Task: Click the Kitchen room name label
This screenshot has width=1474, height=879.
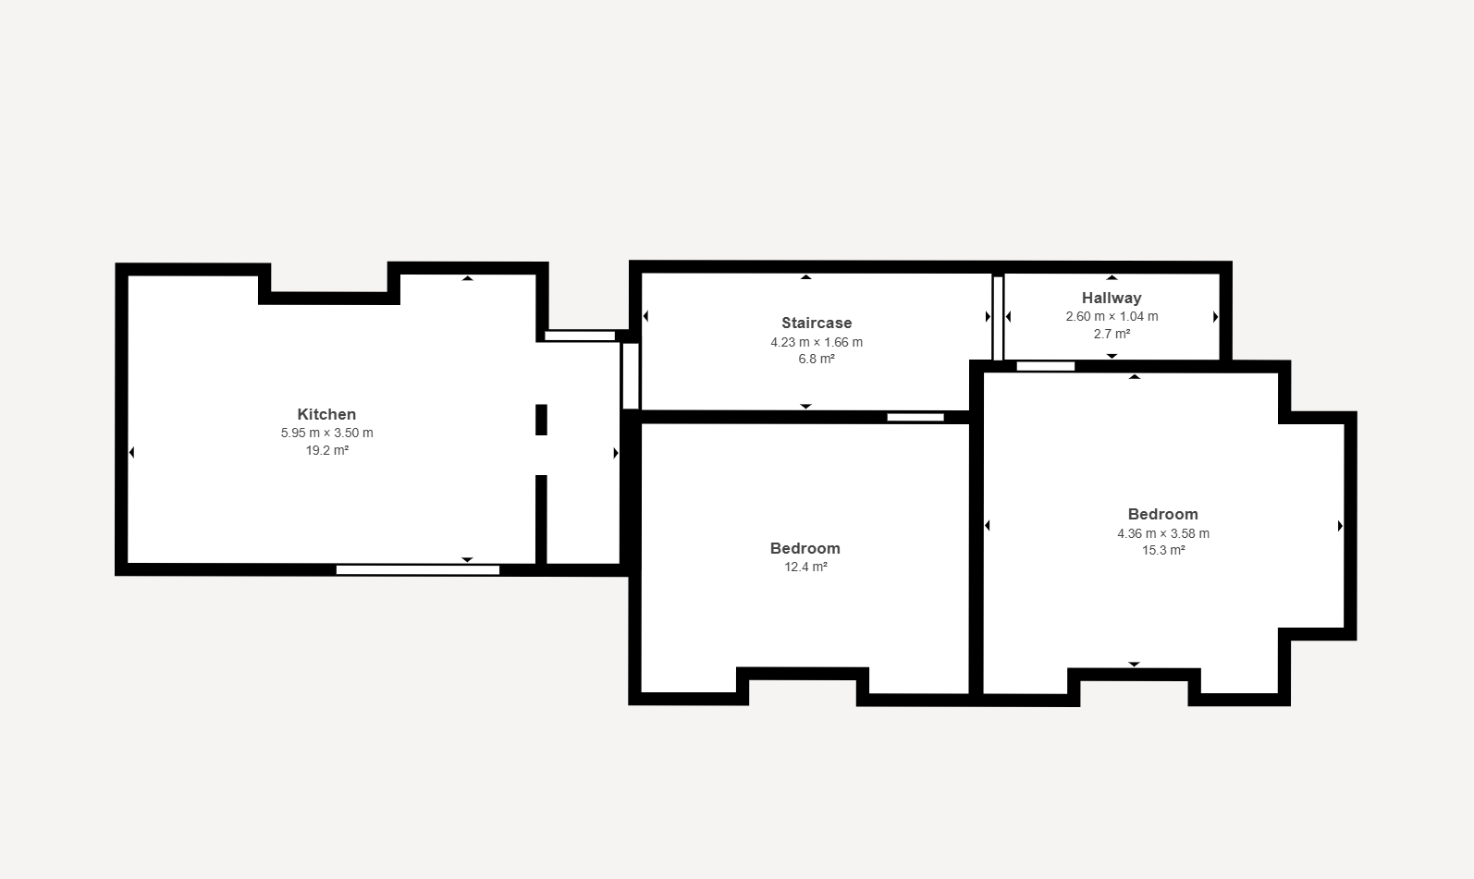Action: pyautogui.click(x=326, y=414)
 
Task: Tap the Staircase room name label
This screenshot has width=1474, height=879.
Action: pyautogui.click(x=817, y=324)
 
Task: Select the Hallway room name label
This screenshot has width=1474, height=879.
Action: pyautogui.click(x=1112, y=298)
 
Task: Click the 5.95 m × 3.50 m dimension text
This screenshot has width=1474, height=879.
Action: pyautogui.click(x=326, y=433)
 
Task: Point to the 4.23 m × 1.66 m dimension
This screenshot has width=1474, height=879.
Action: pyautogui.click(x=817, y=342)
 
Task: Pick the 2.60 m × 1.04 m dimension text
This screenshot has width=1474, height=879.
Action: pyautogui.click(x=1112, y=316)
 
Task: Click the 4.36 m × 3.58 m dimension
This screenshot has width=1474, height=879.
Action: pyautogui.click(x=1162, y=533)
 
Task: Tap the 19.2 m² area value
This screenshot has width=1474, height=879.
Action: pyautogui.click(x=326, y=451)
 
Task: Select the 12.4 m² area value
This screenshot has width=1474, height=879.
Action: pyautogui.click(x=805, y=567)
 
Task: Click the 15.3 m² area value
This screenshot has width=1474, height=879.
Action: pyautogui.click(x=1162, y=551)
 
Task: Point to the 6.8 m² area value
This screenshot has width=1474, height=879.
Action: pyautogui.click(x=817, y=360)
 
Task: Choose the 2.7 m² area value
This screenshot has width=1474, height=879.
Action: pyautogui.click(x=1112, y=335)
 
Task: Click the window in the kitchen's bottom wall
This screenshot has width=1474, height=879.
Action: pyautogui.click(x=418, y=569)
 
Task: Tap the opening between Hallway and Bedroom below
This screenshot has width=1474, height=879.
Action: pyautogui.click(x=1046, y=366)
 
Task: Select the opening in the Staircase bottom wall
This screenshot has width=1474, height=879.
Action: pyautogui.click(x=915, y=417)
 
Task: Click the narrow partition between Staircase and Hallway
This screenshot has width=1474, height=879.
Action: pyautogui.click(x=998, y=319)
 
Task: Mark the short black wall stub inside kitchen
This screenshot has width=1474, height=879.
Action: pyautogui.click(x=541, y=420)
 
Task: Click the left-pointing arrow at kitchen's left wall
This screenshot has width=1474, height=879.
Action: pyautogui.click(x=131, y=452)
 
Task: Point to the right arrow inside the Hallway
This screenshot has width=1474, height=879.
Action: pyautogui.click(x=1215, y=317)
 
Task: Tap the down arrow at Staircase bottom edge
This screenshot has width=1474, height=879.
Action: pyautogui.click(x=805, y=407)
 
